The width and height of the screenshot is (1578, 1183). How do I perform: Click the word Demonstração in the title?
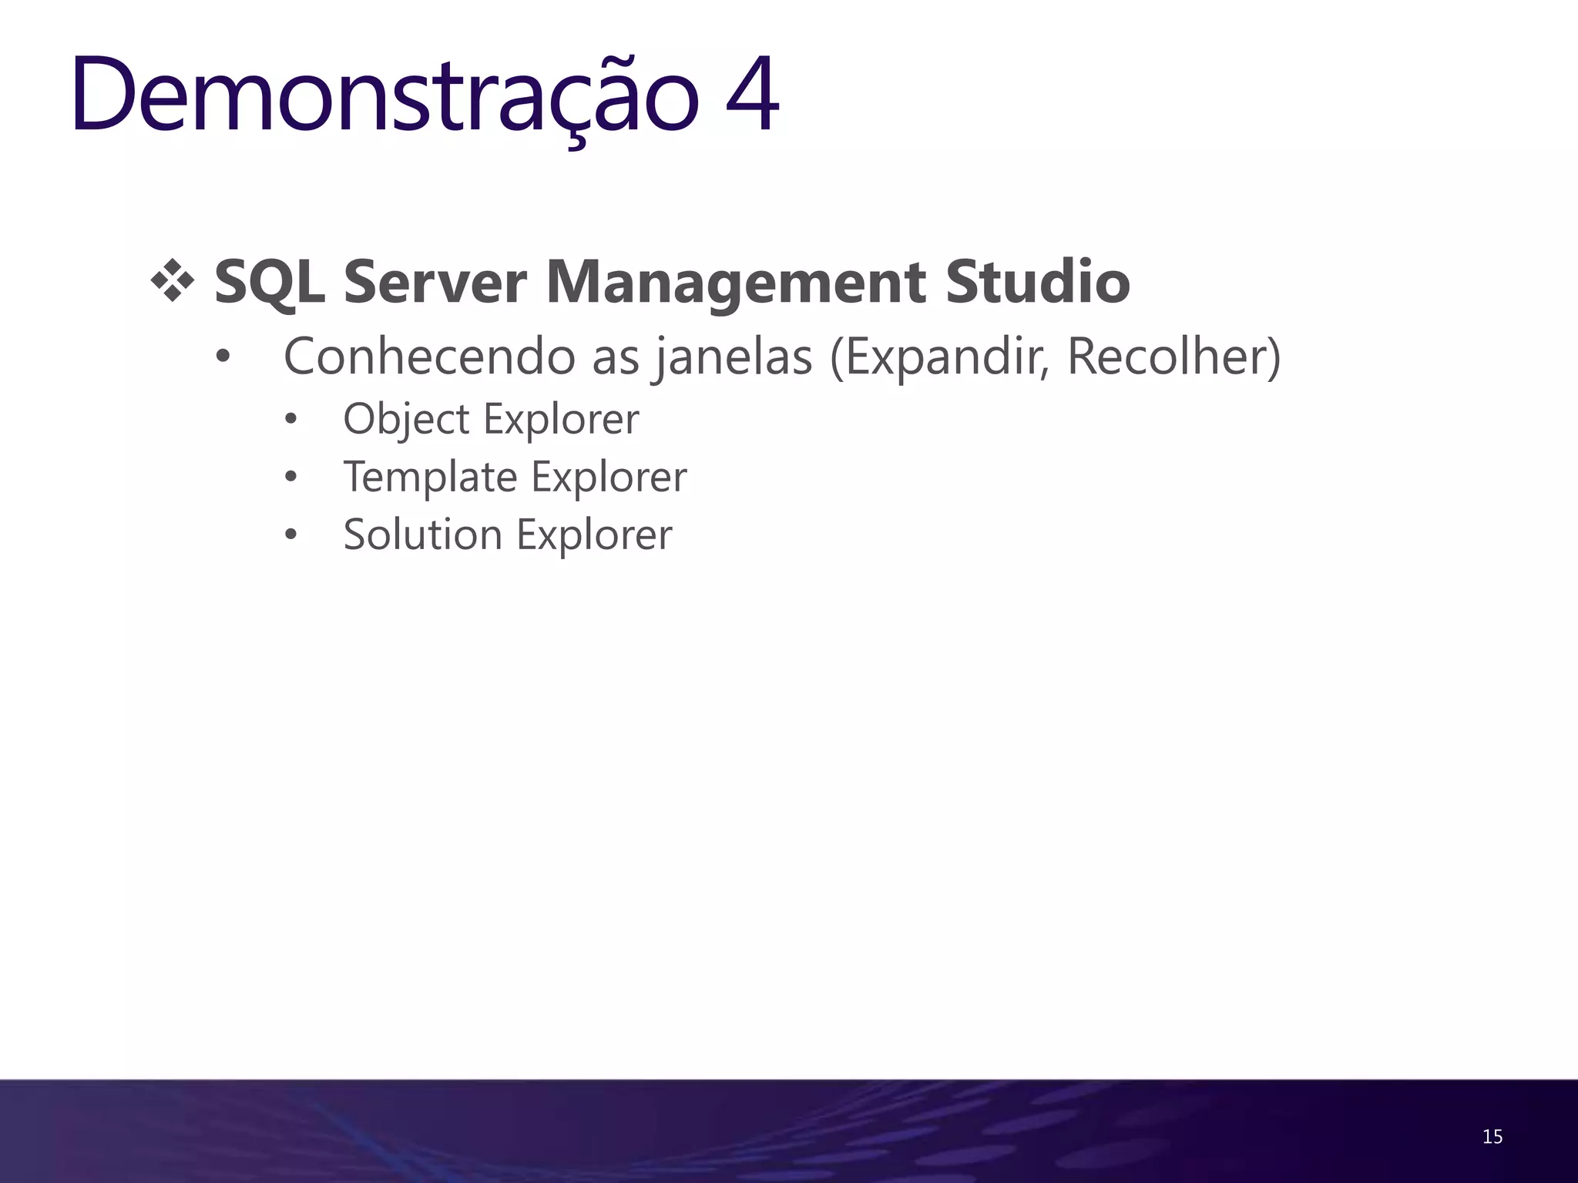pos(385,96)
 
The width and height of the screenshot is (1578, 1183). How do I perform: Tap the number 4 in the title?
pos(751,96)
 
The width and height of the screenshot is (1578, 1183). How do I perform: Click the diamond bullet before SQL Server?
pos(172,281)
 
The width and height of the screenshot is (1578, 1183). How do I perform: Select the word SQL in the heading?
pos(269,282)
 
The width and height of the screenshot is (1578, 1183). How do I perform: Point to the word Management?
pos(736,282)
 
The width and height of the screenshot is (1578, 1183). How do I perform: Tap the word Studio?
pos(1038,282)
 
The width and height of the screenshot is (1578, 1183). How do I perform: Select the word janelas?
pos(732,358)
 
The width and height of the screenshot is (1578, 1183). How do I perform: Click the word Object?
pos(406,420)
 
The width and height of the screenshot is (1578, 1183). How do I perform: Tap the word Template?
pos(430,478)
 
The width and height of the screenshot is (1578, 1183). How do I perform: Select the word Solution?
pos(422,535)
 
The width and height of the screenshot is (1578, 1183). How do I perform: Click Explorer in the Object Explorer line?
pos(561,420)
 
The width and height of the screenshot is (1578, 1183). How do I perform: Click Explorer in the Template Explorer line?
pos(609,478)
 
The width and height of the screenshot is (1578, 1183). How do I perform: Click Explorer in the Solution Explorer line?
pos(594,535)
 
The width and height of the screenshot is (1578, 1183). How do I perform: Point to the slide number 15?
pos(1492,1137)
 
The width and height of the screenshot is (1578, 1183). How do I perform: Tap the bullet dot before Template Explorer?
pos(290,478)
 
